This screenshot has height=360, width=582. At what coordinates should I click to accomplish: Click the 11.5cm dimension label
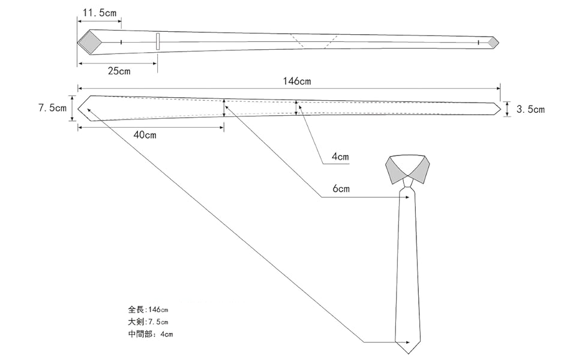(99, 13)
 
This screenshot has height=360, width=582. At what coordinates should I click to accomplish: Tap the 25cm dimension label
(119, 71)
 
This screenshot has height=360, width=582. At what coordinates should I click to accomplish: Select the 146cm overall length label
(296, 81)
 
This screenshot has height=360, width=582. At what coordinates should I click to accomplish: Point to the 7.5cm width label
(52, 108)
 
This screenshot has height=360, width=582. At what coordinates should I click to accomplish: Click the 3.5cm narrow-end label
(530, 109)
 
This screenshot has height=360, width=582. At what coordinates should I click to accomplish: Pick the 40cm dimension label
(145, 136)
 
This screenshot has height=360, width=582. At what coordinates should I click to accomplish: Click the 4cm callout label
(340, 158)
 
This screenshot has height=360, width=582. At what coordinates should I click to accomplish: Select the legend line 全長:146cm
(148, 310)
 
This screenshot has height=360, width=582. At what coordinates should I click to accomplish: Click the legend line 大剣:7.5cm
(148, 322)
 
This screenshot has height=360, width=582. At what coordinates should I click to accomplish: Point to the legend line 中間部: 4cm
(150, 334)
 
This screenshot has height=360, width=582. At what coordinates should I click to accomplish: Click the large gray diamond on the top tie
(89, 41)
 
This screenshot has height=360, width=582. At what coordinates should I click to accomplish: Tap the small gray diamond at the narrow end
(493, 42)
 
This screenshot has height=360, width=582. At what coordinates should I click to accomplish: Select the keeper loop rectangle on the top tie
(158, 41)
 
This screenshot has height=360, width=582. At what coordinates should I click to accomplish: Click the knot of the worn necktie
(408, 182)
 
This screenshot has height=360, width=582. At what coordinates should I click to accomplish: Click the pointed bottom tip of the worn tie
(409, 352)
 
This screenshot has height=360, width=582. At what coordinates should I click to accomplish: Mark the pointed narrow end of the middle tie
(499, 109)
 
